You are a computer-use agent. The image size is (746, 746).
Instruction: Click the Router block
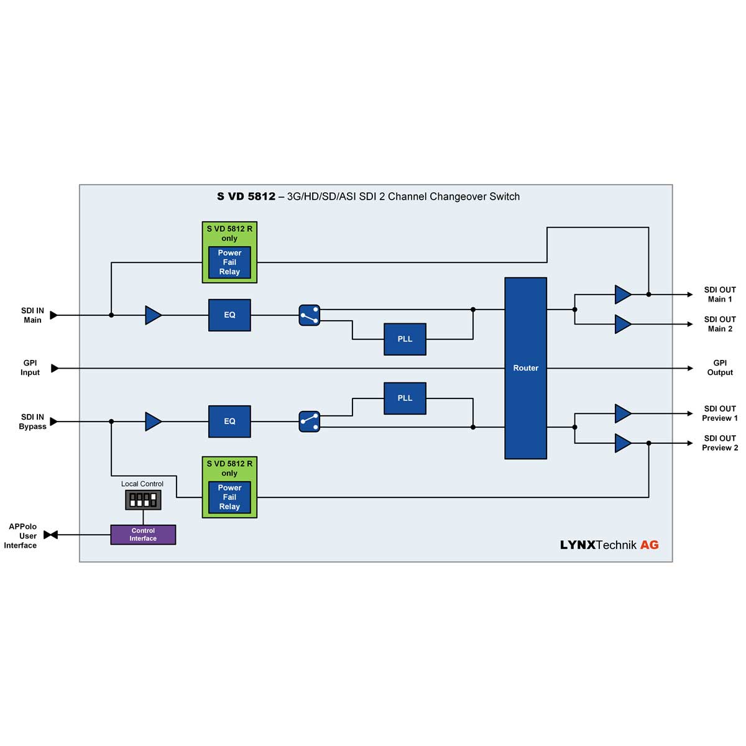525,368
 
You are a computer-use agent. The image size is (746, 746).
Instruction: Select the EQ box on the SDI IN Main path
229,315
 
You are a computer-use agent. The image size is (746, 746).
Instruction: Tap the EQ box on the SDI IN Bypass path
229,421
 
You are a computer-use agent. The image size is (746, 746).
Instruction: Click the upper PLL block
405,339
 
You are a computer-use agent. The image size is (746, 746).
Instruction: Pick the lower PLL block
405,398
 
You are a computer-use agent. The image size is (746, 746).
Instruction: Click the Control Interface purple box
143,535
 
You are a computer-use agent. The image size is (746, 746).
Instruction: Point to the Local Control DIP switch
143,499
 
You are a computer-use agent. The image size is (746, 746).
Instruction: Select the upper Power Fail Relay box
229,262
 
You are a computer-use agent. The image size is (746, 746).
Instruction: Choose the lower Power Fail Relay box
229,497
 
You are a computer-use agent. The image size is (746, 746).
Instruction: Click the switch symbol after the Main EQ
309,315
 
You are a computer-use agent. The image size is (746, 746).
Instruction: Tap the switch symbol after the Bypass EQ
309,421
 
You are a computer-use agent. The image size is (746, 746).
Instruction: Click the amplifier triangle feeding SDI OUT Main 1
622,295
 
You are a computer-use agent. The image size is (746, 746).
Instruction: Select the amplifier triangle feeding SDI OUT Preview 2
622,443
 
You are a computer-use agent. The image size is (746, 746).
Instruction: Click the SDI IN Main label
32,315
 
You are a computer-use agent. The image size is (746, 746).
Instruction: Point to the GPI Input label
30,367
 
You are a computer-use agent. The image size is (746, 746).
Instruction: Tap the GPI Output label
720,367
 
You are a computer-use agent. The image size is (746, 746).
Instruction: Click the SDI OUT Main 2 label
720,324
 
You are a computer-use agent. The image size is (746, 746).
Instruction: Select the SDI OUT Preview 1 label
720,413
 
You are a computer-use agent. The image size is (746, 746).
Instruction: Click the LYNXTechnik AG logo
609,545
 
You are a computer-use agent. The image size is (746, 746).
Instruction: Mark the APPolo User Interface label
21,536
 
